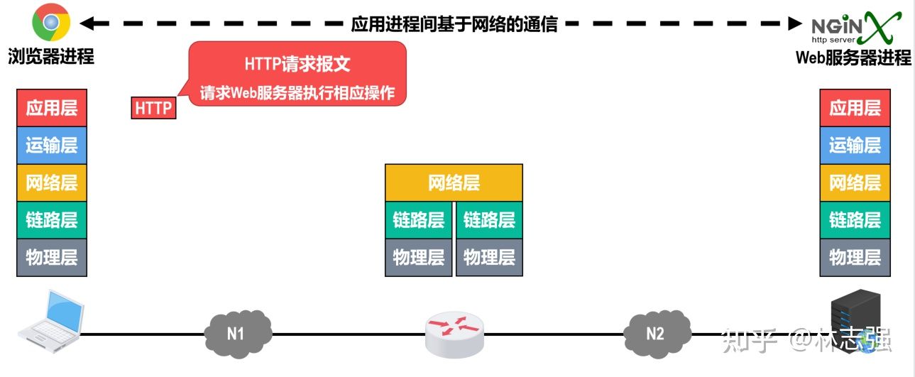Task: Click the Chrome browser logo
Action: click(50, 22)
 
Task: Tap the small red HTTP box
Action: click(153, 108)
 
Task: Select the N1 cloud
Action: click(237, 332)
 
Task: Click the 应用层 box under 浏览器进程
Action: click(52, 108)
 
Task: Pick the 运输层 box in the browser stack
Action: click(52, 146)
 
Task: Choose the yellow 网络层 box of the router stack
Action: click(454, 183)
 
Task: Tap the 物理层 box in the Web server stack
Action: click(855, 257)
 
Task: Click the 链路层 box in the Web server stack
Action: click(855, 220)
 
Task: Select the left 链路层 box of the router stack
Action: click(418, 220)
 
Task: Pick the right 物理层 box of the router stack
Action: click(489, 257)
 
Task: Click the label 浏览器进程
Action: click(51, 56)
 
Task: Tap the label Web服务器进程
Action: click(853, 58)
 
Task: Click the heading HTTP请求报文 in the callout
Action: click(297, 63)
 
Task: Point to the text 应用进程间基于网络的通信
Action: click(455, 24)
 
